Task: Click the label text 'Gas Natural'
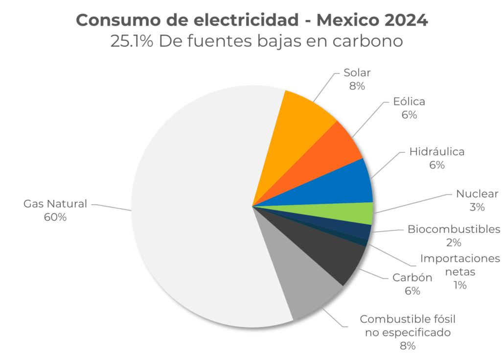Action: coord(55,204)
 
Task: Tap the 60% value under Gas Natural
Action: coord(55,217)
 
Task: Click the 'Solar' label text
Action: coord(357,73)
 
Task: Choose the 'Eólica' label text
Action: coord(409,102)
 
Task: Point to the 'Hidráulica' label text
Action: coord(436,152)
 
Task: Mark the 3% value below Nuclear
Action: coord(477,207)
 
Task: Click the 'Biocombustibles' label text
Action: coord(454,229)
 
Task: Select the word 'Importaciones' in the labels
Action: coord(460,258)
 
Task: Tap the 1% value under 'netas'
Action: coord(460,285)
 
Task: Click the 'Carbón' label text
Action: coord(412,278)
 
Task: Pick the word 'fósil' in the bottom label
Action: coord(440,319)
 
